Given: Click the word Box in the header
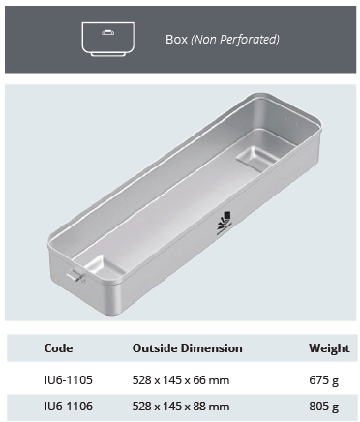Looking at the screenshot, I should coord(176,40).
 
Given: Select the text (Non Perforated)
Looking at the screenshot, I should coord(235,40).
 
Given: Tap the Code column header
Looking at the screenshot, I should coord(58,348).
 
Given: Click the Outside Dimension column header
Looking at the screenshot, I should coord(187,348).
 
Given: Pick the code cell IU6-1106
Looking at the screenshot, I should coord(67,406).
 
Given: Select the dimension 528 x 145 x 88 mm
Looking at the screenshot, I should coord(181,406).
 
